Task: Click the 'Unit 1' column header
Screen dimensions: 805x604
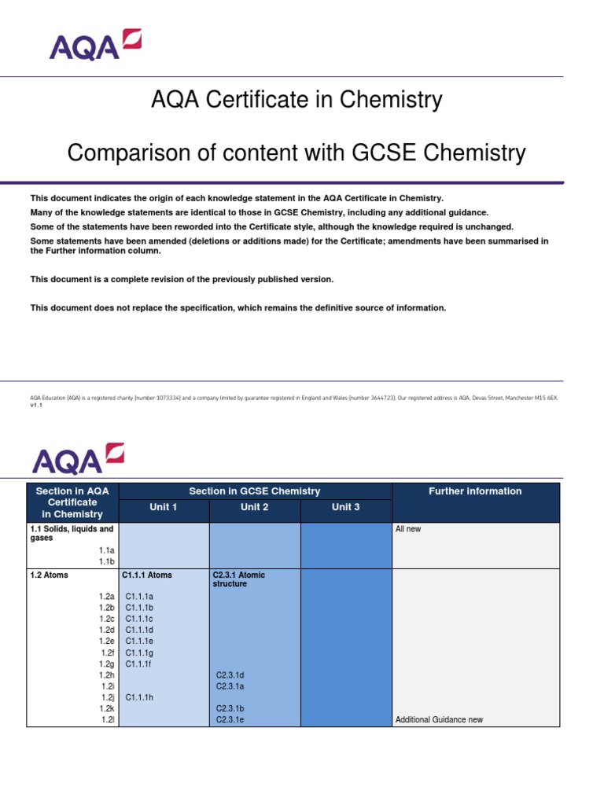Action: [164, 507]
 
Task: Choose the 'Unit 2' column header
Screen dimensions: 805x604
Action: [255, 507]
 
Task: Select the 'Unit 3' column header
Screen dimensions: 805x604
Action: [346, 507]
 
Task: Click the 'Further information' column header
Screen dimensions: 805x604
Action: [474, 491]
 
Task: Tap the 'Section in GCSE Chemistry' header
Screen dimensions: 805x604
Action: [255, 491]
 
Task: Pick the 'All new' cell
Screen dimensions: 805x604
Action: [408, 529]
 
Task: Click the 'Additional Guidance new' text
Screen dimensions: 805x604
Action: [439, 719]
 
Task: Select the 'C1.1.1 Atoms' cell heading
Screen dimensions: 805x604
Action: [147, 575]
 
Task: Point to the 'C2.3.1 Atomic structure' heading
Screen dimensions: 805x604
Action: [238, 579]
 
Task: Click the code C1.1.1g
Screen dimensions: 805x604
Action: [140, 653]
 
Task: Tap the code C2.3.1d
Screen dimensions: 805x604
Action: [231, 675]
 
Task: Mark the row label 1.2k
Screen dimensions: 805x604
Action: [107, 708]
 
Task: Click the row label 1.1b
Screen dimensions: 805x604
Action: [107, 562]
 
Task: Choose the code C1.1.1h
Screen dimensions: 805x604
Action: [140, 697]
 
